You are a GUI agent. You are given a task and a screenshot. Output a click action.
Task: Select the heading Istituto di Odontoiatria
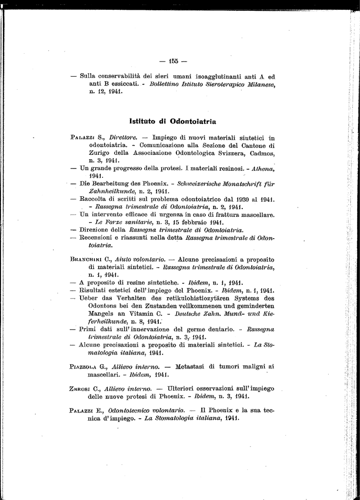(x=173, y=121)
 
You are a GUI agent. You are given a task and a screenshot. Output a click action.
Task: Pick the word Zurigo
(x=100, y=152)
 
